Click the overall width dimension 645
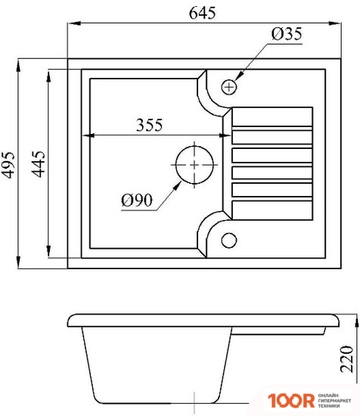tap(201, 12)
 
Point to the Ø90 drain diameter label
tap(137, 200)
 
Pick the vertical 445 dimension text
tap(38, 162)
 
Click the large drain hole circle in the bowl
tap(195, 163)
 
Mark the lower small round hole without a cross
tap(229, 241)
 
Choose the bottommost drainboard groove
tap(271, 210)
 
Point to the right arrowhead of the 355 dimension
tap(219, 137)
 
